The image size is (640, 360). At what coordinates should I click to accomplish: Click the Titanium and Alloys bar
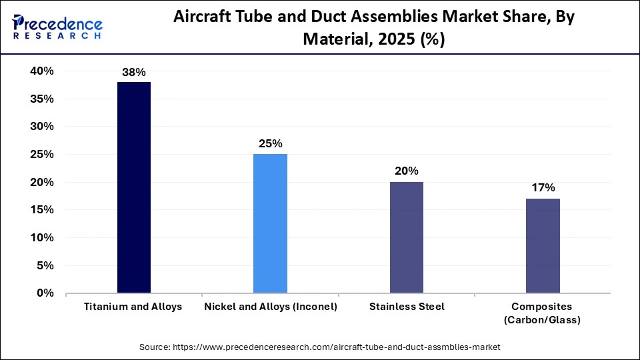pyautogui.click(x=134, y=187)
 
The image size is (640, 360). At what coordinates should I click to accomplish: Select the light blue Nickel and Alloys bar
pyautogui.click(x=270, y=223)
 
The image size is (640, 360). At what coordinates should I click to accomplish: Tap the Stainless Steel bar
pyautogui.click(x=406, y=237)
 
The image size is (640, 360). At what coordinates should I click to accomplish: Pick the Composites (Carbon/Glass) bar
pyautogui.click(x=543, y=245)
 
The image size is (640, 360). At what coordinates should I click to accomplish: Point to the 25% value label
pyautogui.click(x=270, y=143)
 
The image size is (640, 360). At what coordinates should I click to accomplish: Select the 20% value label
pyautogui.click(x=406, y=171)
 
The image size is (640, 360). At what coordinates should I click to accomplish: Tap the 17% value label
pyautogui.click(x=543, y=188)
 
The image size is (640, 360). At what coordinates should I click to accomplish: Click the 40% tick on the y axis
pyautogui.click(x=41, y=71)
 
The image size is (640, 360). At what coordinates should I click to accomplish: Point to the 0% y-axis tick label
pyautogui.click(x=45, y=293)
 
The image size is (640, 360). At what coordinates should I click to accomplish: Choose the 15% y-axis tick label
pyautogui.click(x=41, y=210)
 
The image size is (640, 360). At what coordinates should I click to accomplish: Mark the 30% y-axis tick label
pyautogui.click(x=41, y=127)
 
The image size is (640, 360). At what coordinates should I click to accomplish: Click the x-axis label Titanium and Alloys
pyautogui.click(x=133, y=307)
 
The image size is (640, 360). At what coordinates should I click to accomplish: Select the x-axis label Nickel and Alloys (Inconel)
pyautogui.click(x=270, y=307)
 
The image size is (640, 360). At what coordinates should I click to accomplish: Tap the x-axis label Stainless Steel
pyautogui.click(x=406, y=307)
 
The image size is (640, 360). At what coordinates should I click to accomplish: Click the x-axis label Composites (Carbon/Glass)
pyautogui.click(x=543, y=313)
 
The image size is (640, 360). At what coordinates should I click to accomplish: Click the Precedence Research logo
pyautogui.click(x=57, y=27)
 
